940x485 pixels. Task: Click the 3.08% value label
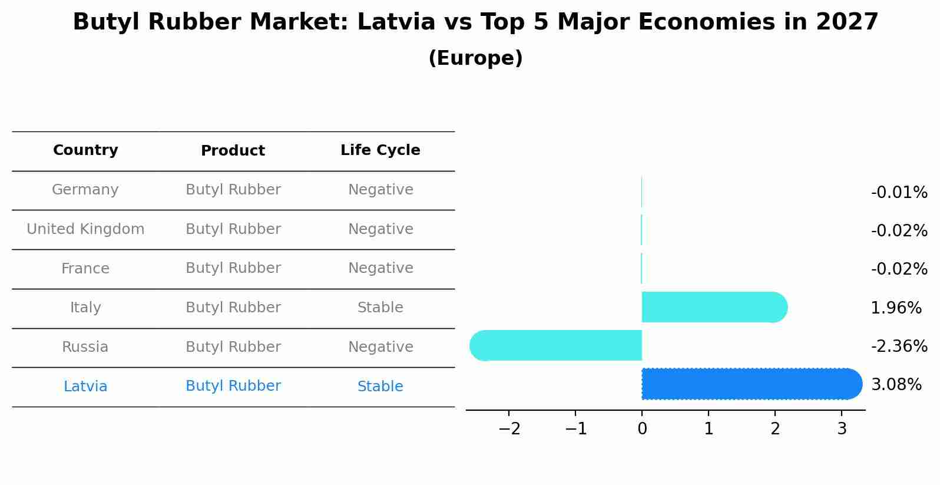pyautogui.click(x=896, y=385)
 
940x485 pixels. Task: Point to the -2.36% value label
pyautogui.click(x=899, y=347)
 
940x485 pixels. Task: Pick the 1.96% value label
pyautogui.click(x=896, y=308)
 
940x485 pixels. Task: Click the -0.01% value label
pyautogui.click(x=899, y=193)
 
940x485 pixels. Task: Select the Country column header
pyautogui.click(x=85, y=150)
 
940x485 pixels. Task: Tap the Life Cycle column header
pyautogui.click(x=380, y=150)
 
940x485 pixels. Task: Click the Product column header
pyautogui.click(x=233, y=151)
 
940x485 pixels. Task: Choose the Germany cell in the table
pyautogui.click(x=85, y=190)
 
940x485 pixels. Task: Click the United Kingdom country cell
pyautogui.click(x=85, y=229)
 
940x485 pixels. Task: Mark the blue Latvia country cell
pyautogui.click(x=85, y=387)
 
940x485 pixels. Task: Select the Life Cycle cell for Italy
pyautogui.click(x=380, y=308)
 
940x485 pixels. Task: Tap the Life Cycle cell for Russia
pyautogui.click(x=380, y=347)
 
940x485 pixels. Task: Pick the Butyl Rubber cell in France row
pyautogui.click(x=233, y=268)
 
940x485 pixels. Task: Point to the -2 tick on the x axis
pyautogui.click(x=509, y=429)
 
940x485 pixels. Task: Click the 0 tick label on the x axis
pyautogui.click(x=642, y=429)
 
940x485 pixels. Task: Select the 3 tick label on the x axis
pyautogui.click(x=842, y=429)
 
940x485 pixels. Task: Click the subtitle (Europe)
pyautogui.click(x=475, y=58)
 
